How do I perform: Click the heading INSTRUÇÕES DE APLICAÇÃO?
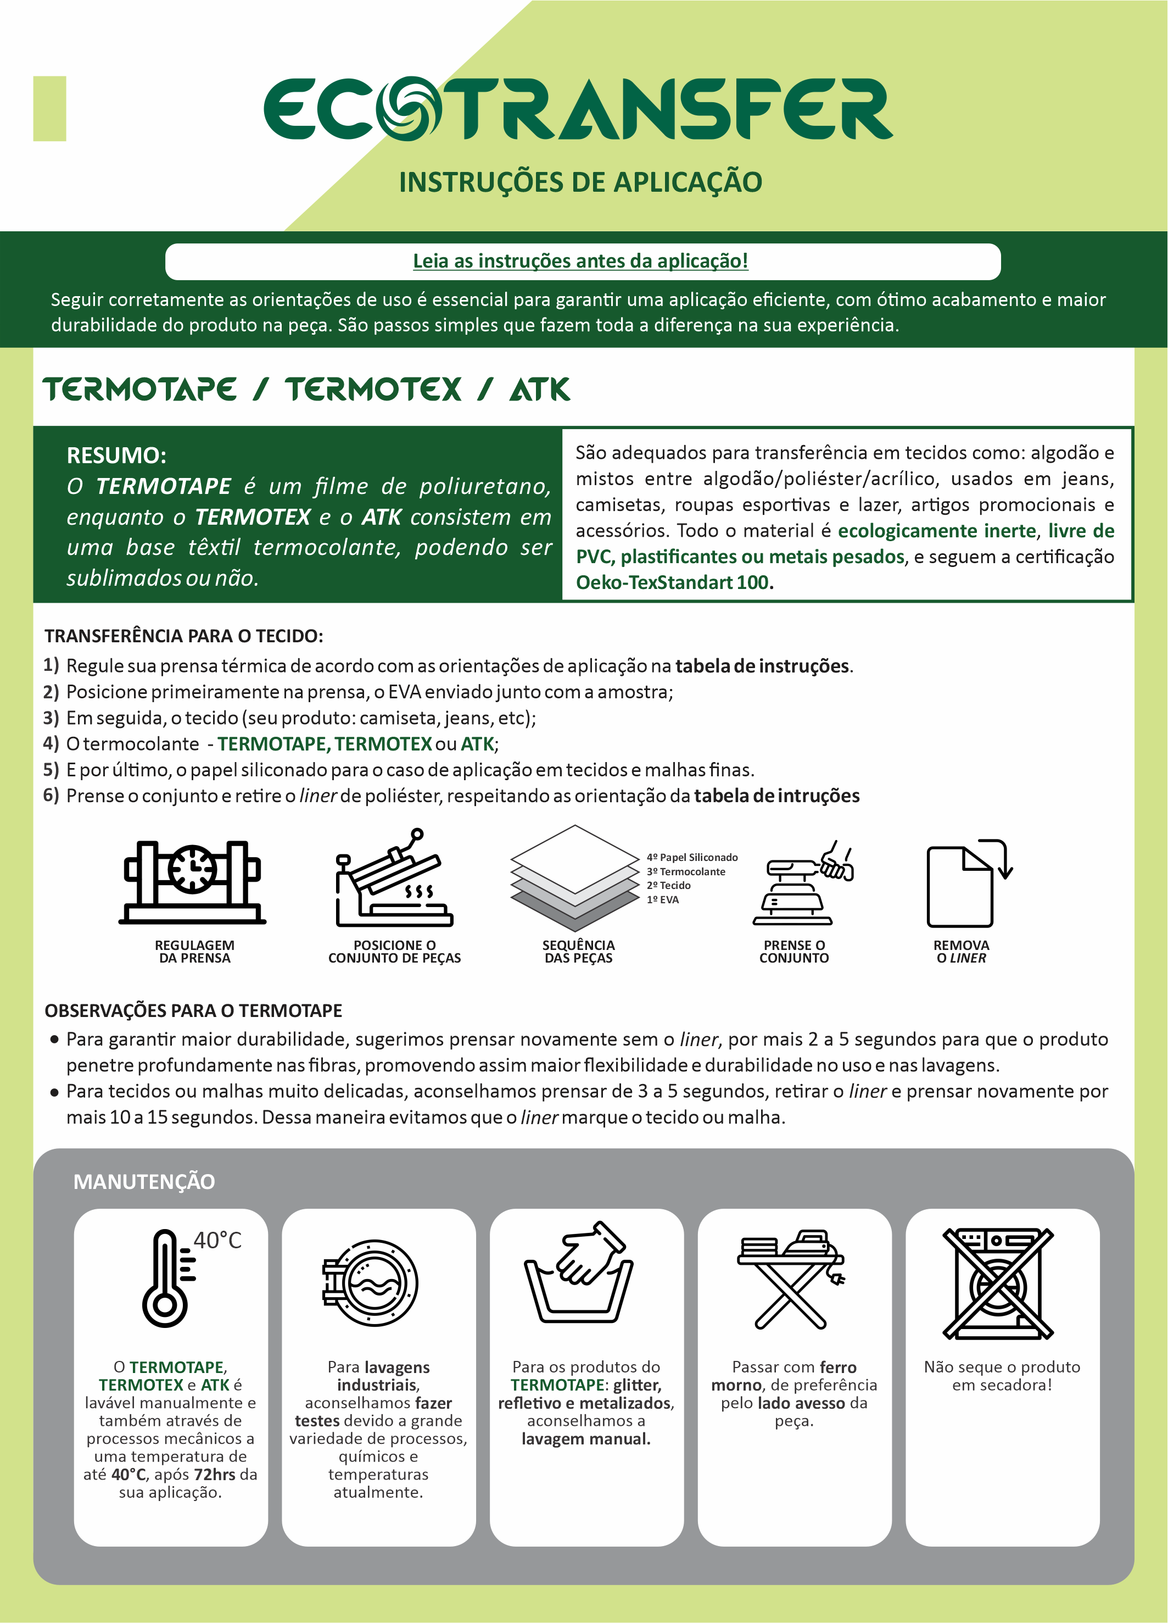580,182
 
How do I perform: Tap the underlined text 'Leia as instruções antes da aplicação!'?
580,261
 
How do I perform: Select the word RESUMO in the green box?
116,455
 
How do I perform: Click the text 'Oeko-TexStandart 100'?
674,582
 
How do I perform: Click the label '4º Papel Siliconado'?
692,857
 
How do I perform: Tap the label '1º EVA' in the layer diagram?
662,899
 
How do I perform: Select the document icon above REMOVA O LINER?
960,886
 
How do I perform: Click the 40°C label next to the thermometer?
217,1240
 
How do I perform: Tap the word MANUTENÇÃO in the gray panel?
144,1181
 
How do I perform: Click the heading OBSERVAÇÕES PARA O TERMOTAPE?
193,1010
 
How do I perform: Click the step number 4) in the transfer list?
51,743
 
